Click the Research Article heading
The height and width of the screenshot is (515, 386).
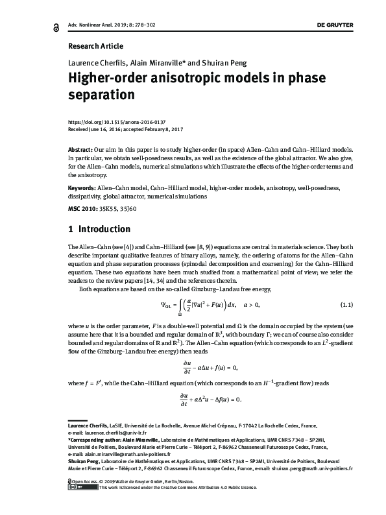click(x=95, y=46)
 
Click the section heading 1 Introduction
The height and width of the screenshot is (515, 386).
click(x=99, y=230)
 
